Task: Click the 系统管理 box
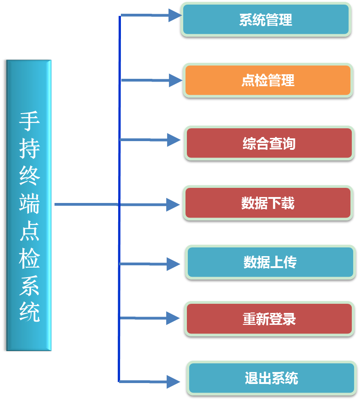(x=266, y=20)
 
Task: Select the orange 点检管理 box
(x=268, y=81)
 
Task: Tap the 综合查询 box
(x=269, y=143)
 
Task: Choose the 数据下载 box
(x=268, y=203)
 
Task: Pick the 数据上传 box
(x=270, y=262)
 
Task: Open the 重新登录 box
(x=269, y=319)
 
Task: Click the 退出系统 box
(x=271, y=378)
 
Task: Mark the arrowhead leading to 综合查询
(x=174, y=140)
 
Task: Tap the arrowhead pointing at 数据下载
(x=173, y=204)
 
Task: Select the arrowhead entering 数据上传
(x=173, y=264)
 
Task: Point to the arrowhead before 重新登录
(x=173, y=318)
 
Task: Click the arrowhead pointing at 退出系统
(x=173, y=382)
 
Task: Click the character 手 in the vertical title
(x=29, y=121)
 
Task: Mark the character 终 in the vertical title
(x=29, y=176)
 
